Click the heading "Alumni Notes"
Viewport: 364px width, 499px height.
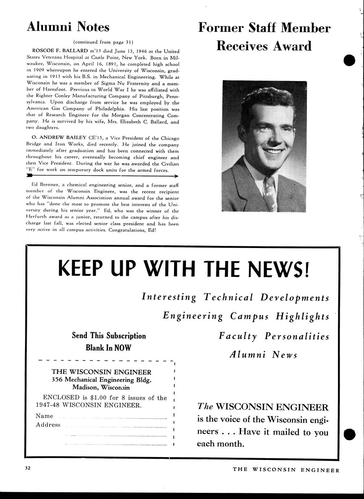(68, 27)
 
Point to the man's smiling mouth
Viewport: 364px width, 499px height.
(273, 151)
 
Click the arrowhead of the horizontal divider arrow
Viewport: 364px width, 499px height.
(175, 176)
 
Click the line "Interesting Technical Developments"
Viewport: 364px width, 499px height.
(236, 298)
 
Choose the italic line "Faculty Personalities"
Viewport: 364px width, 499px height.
(274, 336)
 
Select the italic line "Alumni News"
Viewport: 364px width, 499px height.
(263, 355)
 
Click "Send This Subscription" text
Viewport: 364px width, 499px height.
(109, 336)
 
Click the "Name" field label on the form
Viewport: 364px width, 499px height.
(45, 416)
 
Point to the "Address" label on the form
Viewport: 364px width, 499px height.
(48, 425)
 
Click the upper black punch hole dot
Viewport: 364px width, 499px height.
(350, 60)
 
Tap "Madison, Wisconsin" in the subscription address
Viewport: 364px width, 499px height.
(101, 387)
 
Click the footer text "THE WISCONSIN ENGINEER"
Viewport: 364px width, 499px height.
(286, 470)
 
